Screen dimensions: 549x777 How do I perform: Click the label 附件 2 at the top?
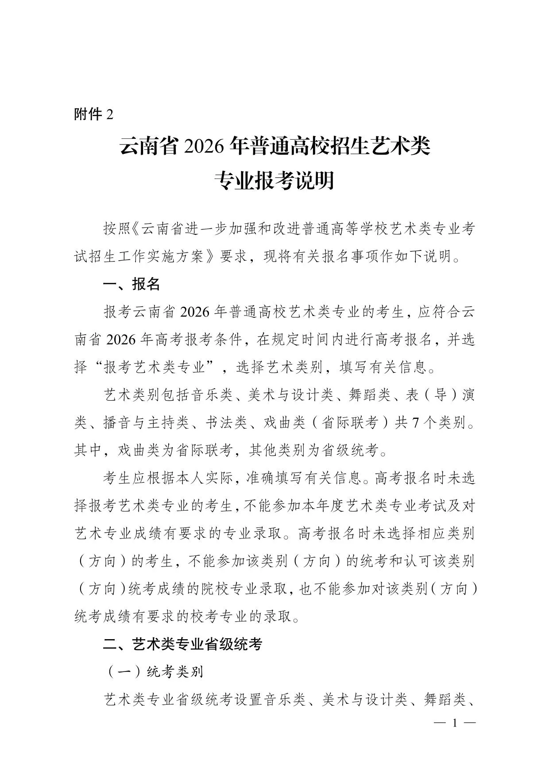pyautogui.click(x=93, y=114)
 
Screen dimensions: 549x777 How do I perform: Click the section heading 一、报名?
pyautogui.click(x=131, y=284)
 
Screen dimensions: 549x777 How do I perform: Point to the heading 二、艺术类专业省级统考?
pyautogui.click(x=182, y=644)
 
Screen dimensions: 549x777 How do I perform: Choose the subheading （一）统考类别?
pyautogui.click(x=154, y=672)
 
